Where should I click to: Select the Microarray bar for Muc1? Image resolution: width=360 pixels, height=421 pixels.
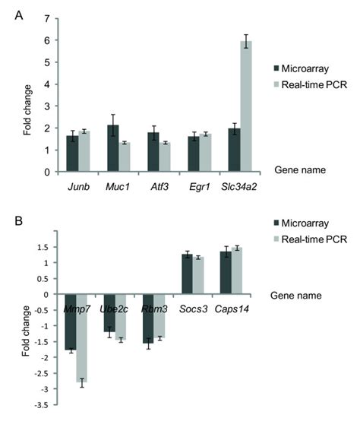tap(113, 148)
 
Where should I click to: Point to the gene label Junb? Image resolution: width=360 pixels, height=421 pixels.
tap(78, 183)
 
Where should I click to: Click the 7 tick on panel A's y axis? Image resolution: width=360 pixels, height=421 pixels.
tap(46, 17)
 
